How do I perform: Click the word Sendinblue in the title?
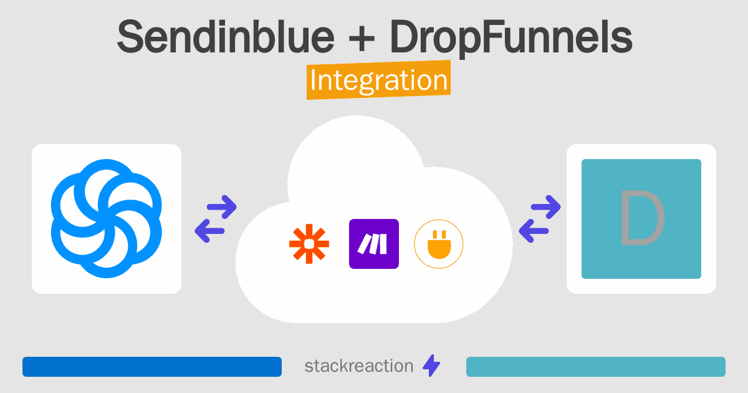pos(226,36)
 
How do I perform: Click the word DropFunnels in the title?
pos(511,39)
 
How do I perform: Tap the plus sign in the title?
pos(362,38)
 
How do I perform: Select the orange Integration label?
pos(379,80)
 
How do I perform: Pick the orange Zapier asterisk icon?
pos(309,244)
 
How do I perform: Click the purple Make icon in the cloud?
pos(374,244)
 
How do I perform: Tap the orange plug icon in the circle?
pos(439,244)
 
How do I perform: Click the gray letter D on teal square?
pos(642,218)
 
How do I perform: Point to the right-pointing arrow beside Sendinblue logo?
pos(222,207)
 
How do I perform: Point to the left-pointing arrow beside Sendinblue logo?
pos(209,231)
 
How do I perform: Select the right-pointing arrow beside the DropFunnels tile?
pos(546,207)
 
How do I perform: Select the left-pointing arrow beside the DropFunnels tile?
pos(534,231)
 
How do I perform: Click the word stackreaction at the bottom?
pos(359,366)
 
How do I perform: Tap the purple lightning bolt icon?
pos(431,366)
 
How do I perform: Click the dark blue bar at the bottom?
pos(152,367)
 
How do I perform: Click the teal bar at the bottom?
pos(596,367)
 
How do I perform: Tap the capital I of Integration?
pos(312,80)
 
